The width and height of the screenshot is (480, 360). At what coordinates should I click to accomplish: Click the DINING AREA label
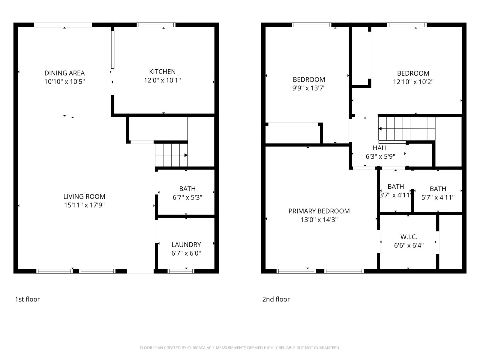click(x=64, y=73)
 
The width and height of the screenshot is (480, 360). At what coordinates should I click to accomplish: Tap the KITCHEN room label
click(x=162, y=72)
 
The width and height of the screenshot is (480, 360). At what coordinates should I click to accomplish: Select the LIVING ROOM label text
click(x=84, y=196)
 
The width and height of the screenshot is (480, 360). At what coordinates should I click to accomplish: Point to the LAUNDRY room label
click(x=186, y=244)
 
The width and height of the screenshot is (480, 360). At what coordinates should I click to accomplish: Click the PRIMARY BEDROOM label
click(x=319, y=211)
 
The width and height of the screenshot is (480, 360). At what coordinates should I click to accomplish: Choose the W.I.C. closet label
click(x=409, y=237)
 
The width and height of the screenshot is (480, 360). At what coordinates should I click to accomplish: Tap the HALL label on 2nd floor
click(x=380, y=148)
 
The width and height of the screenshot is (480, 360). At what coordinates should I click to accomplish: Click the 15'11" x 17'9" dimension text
click(x=84, y=205)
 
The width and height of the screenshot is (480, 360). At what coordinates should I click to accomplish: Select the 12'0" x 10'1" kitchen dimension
click(x=162, y=80)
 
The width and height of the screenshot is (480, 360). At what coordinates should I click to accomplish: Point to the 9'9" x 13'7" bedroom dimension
click(x=309, y=88)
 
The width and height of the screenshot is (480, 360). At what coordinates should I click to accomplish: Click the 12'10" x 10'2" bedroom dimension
click(x=413, y=82)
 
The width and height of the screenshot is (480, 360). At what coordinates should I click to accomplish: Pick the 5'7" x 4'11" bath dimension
click(x=438, y=197)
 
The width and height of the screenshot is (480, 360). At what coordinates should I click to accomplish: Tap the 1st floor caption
click(x=27, y=299)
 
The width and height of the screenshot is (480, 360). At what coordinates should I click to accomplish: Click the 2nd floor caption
click(x=276, y=299)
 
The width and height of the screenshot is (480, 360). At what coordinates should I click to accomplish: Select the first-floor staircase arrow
click(x=171, y=155)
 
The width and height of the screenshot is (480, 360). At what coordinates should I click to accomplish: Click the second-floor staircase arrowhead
click(x=380, y=128)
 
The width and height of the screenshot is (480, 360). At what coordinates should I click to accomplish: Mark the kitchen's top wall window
click(x=156, y=25)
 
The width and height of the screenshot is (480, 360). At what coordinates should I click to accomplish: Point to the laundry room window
click(x=181, y=271)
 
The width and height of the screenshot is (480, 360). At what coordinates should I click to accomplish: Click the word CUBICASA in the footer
click(x=196, y=347)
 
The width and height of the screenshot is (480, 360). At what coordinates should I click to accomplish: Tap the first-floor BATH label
click(x=187, y=189)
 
